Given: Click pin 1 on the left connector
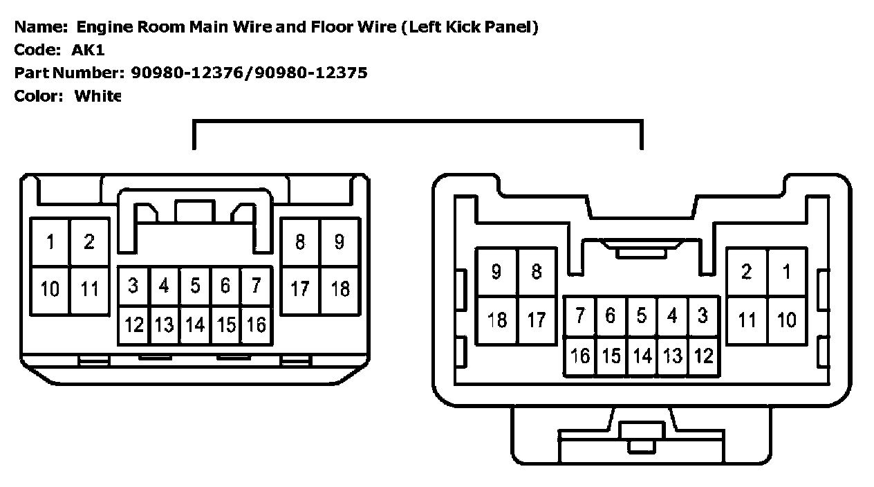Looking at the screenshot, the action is click(50, 242).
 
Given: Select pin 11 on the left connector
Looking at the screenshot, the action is click(89, 288).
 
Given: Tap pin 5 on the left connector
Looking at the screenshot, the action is click(195, 285).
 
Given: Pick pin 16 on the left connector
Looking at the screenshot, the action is click(256, 324).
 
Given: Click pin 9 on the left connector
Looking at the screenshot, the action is click(340, 242).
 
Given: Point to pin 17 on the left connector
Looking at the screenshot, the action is click(300, 288).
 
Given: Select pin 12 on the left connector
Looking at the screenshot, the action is click(134, 324).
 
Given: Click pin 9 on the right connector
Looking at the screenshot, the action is click(496, 272).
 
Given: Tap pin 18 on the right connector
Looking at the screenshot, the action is click(496, 320).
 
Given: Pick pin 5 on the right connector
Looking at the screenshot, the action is click(642, 315).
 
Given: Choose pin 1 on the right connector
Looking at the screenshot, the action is click(786, 272).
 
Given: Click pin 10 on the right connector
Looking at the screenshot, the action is click(786, 320).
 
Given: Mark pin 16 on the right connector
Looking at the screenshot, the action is click(579, 356).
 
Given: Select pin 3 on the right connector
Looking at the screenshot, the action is click(703, 315).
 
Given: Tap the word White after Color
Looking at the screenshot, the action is click(97, 96).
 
